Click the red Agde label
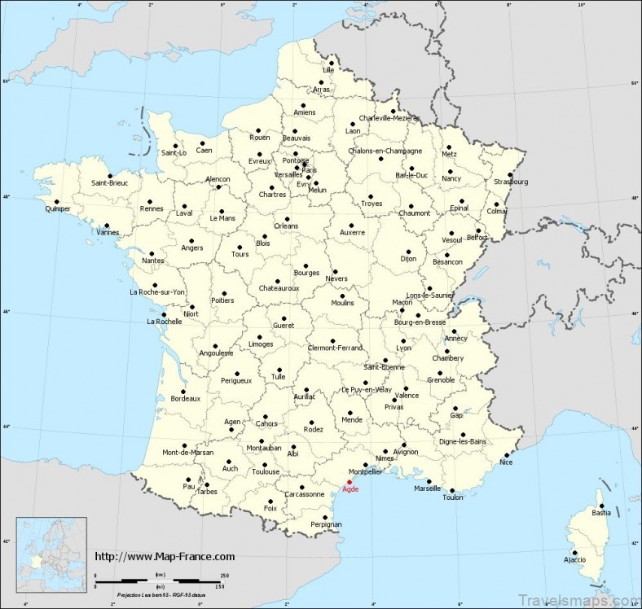point(350,489)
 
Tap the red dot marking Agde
point(350,481)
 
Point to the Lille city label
point(328,70)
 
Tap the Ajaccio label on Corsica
point(574,559)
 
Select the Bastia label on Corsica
point(601,513)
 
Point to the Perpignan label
point(327,524)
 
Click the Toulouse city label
point(266,471)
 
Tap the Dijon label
point(408,259)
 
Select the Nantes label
point(152,261)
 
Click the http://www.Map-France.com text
point(165,557)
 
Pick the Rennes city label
point(152,208)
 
